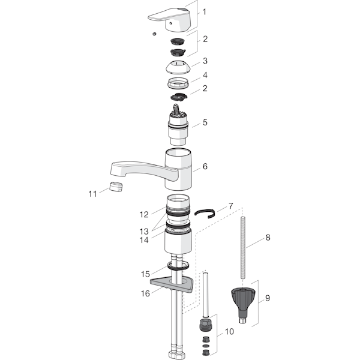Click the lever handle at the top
(170, 20)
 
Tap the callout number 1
(205, 12)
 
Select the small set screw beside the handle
(155, 34)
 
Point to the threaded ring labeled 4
(178, 83)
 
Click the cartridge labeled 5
(178, 125)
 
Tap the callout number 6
(205, 166)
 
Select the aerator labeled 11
(116, 187)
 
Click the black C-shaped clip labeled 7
(205, 214)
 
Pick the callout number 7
(230, 206)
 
